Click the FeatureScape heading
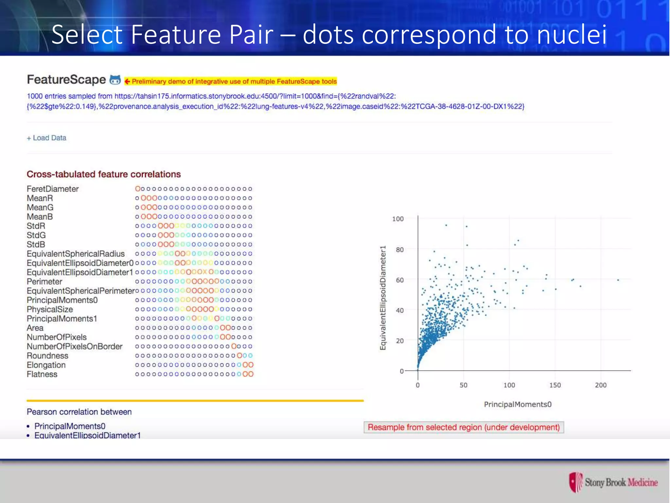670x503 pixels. point(66,80)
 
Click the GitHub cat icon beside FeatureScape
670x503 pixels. point(115,80)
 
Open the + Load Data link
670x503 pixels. point(46,138)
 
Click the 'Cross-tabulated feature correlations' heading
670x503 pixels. point(103,174)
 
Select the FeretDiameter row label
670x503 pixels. point(53,189)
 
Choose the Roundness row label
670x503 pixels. point(47,356)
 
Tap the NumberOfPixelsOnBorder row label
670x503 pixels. point(75,346)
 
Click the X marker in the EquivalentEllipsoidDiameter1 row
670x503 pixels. point(205,272)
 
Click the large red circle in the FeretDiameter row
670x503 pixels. point(138,189)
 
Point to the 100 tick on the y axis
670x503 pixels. point(398,219)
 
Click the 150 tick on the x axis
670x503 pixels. point(555,385)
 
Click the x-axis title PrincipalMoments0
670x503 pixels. point(518,404)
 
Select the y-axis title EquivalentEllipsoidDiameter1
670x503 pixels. point(383,298)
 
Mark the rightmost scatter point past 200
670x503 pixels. point(618,280)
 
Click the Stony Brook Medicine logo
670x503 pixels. point(613,482)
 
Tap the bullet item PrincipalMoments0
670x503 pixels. point(70,426)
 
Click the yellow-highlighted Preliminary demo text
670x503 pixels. point(234,82)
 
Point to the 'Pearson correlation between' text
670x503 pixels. point(79,412)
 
